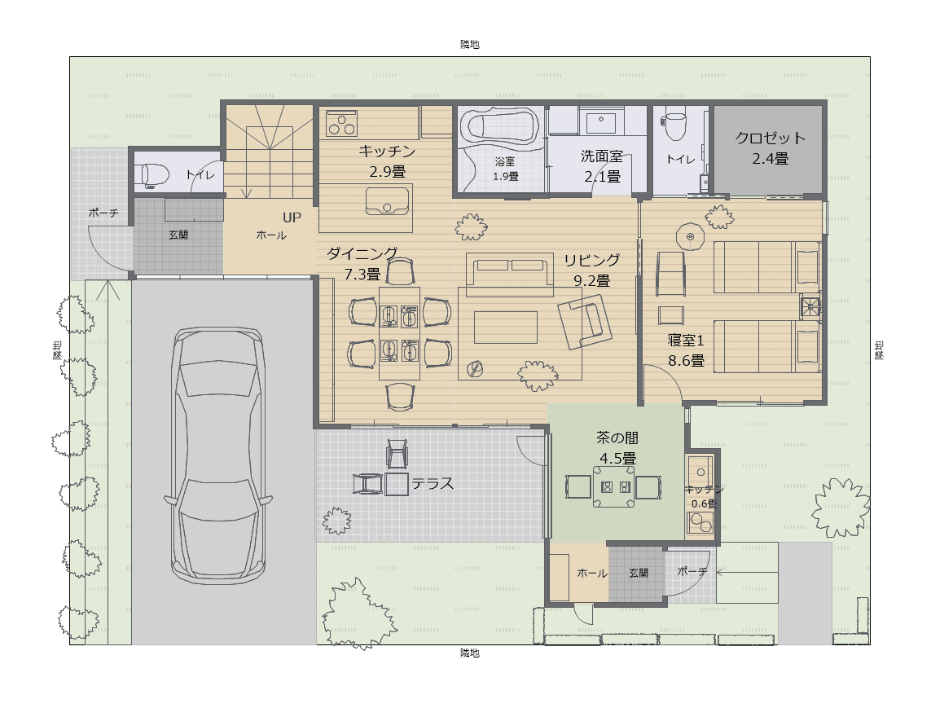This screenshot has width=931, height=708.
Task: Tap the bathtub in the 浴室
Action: click(503, 125)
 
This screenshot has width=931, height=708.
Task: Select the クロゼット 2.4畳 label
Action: click(770, 148)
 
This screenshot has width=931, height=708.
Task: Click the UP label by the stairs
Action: click(292, 218)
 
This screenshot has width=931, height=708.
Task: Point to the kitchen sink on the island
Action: click(387, 200)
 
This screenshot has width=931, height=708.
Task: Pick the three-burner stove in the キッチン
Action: click(341, 124)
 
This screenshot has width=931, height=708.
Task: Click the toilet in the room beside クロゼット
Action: click(675, 125)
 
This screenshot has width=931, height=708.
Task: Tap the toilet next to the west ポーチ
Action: click(156, 176)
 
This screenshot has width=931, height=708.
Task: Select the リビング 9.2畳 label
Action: click(591, 270)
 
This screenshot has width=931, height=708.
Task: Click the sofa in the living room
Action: click(509, 275)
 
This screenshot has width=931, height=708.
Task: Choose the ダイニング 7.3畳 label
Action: click(362, 264)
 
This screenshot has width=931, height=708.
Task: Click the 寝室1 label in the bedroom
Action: click(686, 341)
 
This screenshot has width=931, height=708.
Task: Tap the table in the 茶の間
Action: click(614, 486)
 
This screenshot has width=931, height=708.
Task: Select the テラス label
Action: click(433, 484)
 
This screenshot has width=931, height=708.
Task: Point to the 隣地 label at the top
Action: click(470, 45)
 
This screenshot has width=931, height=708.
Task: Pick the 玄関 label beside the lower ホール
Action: click(639, 574)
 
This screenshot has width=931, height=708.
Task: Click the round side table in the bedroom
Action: click(690, 237)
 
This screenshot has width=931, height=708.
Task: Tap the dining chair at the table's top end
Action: click(400, 271)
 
